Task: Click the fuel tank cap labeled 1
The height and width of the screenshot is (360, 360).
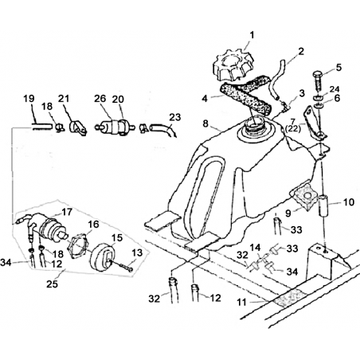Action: pyautogui.click(x=233, y=65)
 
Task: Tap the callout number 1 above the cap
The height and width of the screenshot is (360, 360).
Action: pyautogui.click(x=252, y=35)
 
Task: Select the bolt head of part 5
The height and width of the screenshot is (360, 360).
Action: pyautogui.click(x=319, y=74)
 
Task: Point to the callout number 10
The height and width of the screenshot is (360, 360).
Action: pyautogui.click(x=349, y=202)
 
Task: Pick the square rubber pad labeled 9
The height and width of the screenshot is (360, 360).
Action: pyautogui.click(x=305, y=196)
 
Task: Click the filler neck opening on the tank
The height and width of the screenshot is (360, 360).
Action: pyautogui.click(x=253, y=123)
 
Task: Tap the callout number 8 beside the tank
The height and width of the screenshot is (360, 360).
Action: pyautogui.click(x=205, y=123)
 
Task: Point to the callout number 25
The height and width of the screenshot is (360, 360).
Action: pyautogui.click(x=52, y=284)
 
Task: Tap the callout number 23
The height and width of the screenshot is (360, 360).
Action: pyautogui.click(x=175, y=117)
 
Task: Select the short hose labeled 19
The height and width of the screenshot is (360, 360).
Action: pyautogui.click(x=42, y=127)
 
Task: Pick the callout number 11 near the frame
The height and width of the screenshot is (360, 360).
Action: pyautogui.click(x=241, y=302)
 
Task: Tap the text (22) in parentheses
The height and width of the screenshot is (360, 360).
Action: pyautogui.click(x=293, y=129)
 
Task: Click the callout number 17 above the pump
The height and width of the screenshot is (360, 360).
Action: pyautogui.click(x=67, y=212)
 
